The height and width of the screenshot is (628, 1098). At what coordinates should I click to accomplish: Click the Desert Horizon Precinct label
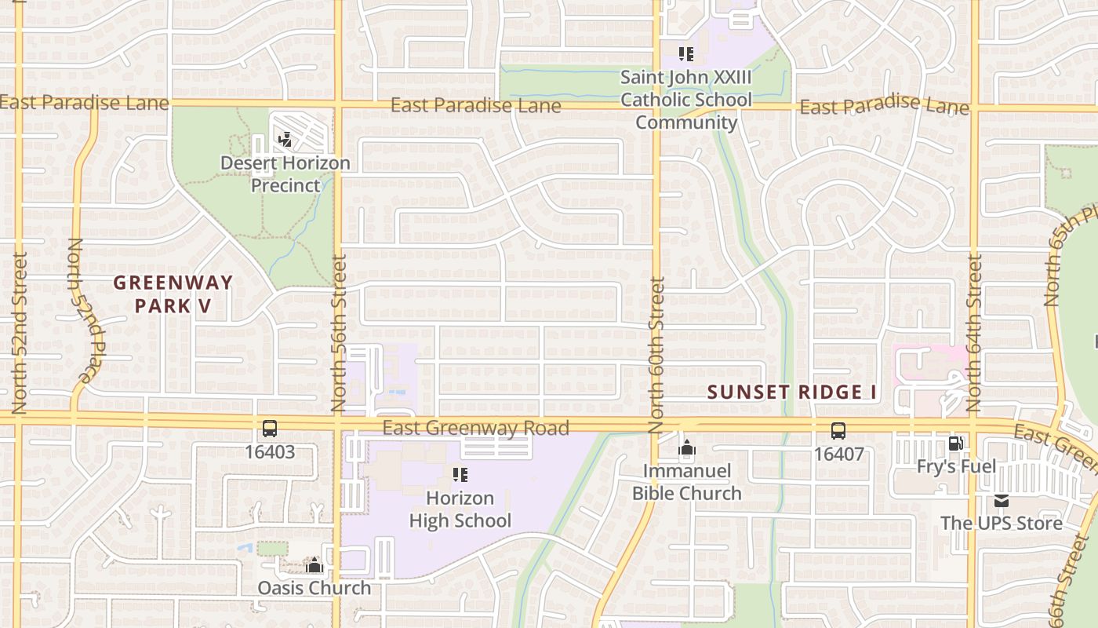point(285,174)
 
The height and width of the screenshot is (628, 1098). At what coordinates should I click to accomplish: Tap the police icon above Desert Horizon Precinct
point(285,140)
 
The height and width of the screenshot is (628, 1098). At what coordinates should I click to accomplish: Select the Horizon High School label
point(460,509)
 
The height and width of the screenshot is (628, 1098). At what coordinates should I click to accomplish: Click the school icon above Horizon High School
point(460,475)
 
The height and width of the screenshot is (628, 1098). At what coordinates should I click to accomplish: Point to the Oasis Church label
point(314,588)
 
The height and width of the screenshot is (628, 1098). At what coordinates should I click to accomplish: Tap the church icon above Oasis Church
point(314,565)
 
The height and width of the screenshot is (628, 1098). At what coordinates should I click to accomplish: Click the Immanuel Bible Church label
point(687,482)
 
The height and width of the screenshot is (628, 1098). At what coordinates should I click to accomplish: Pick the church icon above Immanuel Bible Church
point(687,448)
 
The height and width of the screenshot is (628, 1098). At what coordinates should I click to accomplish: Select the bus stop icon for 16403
point(270,429)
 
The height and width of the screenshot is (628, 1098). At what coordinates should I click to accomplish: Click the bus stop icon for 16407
point(838,431)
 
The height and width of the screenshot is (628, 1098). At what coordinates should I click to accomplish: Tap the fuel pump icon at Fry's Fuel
point(955,444)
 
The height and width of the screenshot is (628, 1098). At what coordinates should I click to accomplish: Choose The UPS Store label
point(1002,523)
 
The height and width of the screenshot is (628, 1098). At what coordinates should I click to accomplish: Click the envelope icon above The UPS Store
point(1002,501)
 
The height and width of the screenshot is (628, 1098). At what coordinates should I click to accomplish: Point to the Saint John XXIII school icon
point(686,54)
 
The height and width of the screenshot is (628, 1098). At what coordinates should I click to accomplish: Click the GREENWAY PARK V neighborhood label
point(173,294)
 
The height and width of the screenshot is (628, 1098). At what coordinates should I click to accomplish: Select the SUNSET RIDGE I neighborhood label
point(792,392)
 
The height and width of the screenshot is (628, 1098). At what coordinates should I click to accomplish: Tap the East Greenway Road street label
point(476,429)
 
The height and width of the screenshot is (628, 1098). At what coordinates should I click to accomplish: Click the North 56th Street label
point(339,344)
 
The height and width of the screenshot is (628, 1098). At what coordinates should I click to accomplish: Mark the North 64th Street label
point(974,333)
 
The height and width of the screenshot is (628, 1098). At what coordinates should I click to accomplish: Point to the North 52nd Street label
point(20,333)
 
